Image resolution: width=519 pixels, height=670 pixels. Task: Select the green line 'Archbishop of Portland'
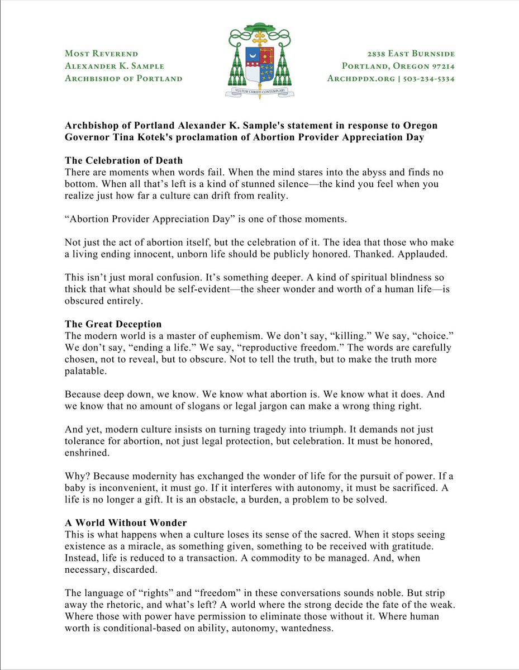[123, 78]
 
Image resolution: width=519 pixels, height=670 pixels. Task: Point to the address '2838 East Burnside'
[411, 54]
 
